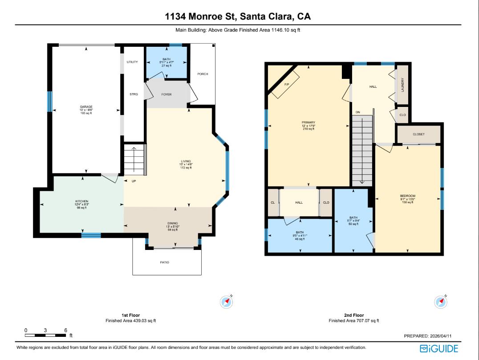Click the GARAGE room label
[86, 107]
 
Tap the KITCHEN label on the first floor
[81, 201]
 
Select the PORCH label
[203, 74]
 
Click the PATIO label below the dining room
[164, 262]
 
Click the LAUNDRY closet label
[402, 85]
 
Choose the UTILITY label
[132, 62]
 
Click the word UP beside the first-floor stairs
[134, 181]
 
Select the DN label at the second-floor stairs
[357, 112]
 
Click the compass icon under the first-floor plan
[227, 302]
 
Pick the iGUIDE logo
[438, 348]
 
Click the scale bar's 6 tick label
[66, 330]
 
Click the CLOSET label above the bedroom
[418, 134]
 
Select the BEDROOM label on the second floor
[407, 196]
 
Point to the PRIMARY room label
[308, 122]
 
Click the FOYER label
[166, 94]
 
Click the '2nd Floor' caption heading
[353, 315]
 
